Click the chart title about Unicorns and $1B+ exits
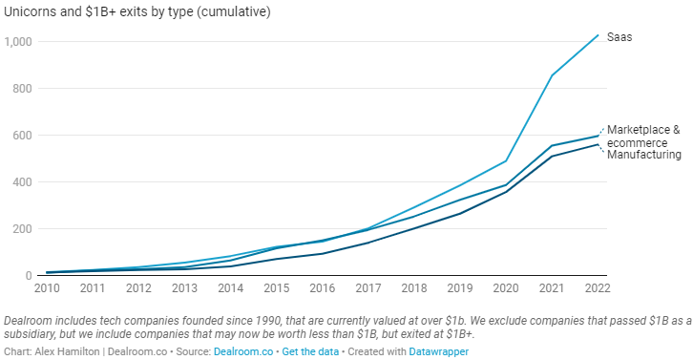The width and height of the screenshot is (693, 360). [136, 12]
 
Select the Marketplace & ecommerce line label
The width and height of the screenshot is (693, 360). [642, 136]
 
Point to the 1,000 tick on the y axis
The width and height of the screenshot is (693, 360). [18, 42]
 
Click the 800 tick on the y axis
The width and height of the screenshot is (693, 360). [23, 89]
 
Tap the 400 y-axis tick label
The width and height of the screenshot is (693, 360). [23, 182]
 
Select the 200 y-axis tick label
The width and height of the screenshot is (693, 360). [23, 229]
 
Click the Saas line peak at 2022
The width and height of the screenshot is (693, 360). [598, 35]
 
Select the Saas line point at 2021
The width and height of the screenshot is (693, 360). [551, 75]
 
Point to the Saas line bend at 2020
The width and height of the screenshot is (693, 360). [506, 160]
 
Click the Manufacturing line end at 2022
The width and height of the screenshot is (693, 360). [598, 144]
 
